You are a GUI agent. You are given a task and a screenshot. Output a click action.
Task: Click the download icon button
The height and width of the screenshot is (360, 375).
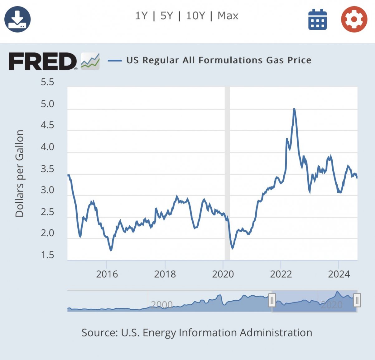[17, 19]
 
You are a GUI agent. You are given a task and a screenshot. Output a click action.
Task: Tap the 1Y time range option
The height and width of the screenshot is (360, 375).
[141, 16]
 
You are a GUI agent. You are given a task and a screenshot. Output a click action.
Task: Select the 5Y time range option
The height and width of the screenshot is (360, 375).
[166, 16]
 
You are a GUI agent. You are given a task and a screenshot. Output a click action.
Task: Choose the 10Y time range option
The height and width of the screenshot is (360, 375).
[195, 16]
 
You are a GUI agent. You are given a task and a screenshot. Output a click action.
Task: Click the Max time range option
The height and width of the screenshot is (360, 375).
[228, 16]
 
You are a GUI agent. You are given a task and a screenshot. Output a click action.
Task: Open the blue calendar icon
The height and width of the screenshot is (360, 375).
[317, 20]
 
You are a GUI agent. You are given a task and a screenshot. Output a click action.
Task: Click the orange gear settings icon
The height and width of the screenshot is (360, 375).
[354, 19]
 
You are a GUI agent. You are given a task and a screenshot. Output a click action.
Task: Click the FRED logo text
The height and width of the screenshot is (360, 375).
[43, 61]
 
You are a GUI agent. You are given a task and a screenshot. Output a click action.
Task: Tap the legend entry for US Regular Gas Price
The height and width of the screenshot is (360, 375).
[219, 60]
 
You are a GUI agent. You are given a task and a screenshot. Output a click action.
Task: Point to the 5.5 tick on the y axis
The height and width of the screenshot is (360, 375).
[47, 82]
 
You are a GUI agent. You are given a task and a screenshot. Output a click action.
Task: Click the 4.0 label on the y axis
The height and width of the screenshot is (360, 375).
[47, 147]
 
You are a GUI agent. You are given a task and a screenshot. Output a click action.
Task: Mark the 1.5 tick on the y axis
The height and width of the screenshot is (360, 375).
[47, 255]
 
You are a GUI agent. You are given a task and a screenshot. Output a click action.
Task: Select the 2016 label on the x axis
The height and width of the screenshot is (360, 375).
[107, 274]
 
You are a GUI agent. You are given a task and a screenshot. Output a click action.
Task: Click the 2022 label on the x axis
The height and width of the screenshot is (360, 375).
[281, 274]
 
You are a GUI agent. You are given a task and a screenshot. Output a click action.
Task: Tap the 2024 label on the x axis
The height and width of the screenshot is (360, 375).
[339, 274]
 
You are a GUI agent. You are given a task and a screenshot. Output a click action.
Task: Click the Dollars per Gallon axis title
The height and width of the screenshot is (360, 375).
[20, 173]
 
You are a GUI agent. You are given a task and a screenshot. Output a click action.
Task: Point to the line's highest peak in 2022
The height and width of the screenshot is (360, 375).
[294, 109]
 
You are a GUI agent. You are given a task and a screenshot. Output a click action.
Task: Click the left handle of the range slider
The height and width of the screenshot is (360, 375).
[272, 301]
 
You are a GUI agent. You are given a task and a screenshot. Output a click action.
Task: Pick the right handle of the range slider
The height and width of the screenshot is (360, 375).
[357, 301]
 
